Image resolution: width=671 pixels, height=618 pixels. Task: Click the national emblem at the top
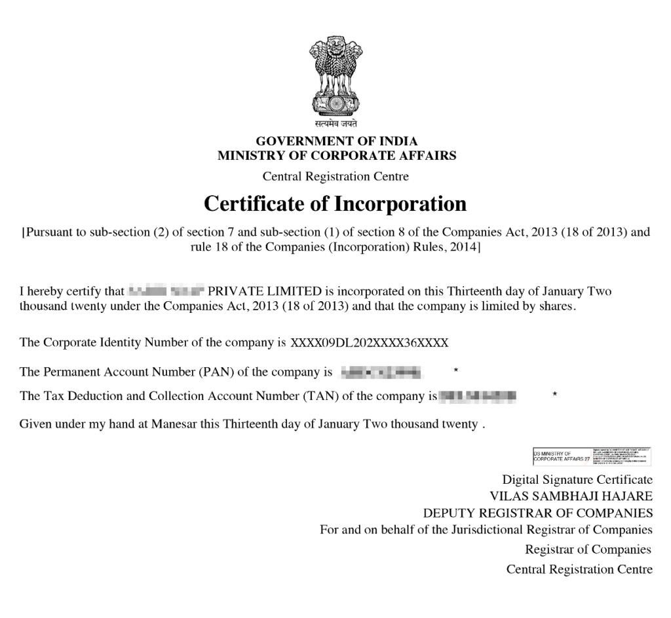[335, 75]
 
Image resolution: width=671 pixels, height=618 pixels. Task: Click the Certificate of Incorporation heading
[335, 204]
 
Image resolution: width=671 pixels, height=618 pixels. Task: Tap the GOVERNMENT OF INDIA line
[336, 141]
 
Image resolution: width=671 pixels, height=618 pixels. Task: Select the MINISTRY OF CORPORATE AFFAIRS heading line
[336, 156]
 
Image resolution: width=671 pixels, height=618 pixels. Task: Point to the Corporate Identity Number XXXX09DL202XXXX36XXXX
[370, 342]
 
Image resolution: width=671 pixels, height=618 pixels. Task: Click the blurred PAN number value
[381, 373]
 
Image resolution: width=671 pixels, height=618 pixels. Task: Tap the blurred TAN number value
[477, 396]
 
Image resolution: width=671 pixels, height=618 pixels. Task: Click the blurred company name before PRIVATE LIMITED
[166, 291]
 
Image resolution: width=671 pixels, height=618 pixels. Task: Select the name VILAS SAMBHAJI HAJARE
[571, 496]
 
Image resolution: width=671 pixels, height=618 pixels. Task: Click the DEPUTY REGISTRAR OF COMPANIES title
[538, 513]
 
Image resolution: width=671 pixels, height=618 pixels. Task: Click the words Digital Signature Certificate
[577, 480]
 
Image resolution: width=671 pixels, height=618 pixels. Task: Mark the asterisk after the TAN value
[555, 395]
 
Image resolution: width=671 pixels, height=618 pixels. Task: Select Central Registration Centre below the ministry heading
[335, 176]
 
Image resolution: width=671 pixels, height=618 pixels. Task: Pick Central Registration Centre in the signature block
[579, 570]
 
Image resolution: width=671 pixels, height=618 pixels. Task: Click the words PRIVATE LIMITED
[265, 291]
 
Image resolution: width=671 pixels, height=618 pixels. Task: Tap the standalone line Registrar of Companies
[588, 549]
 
